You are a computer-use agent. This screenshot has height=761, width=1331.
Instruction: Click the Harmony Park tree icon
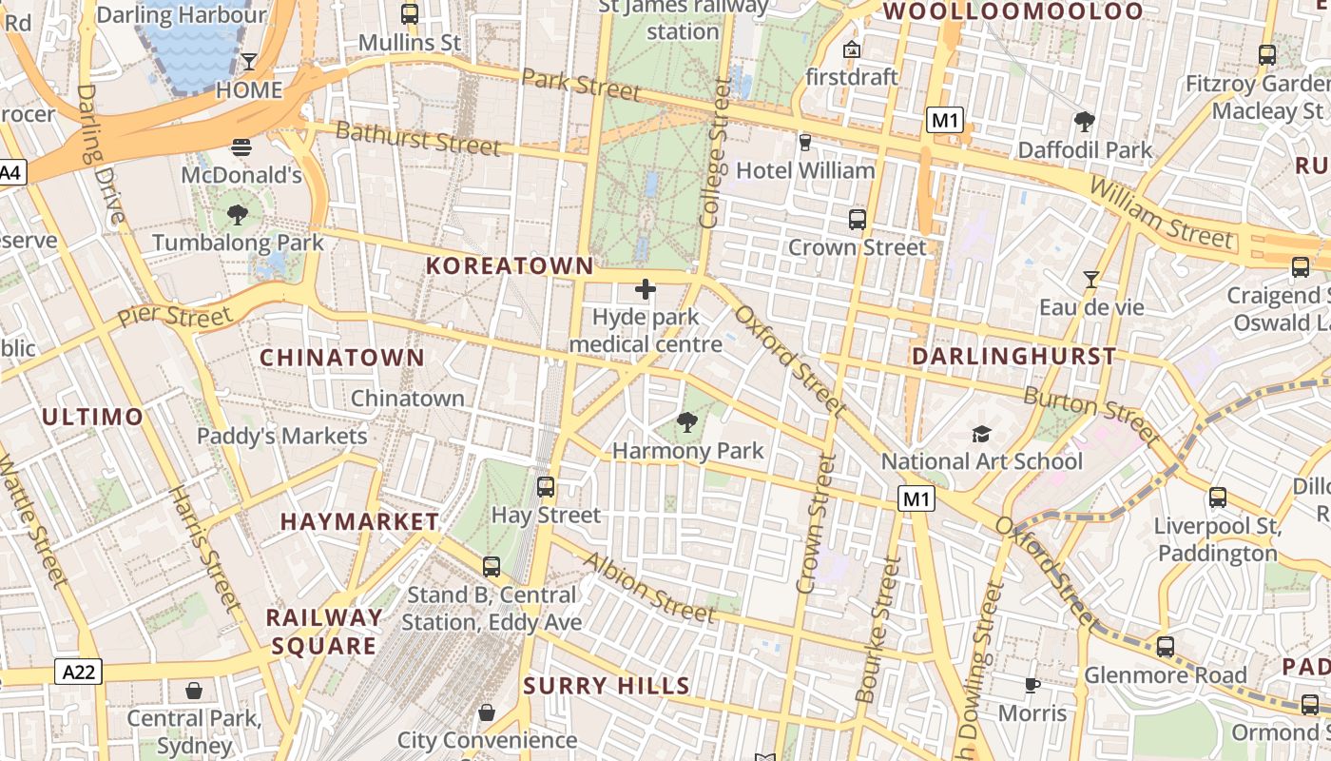686,421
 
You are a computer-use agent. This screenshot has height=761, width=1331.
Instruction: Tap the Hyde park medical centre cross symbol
646,289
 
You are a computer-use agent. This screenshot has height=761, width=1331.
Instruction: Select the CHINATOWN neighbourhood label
342,358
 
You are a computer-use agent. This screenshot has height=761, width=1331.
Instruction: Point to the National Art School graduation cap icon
981,435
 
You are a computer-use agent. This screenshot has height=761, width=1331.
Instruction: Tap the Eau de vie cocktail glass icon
1091,280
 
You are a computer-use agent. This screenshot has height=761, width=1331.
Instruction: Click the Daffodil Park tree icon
1084,121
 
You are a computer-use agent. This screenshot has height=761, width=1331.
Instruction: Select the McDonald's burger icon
241,147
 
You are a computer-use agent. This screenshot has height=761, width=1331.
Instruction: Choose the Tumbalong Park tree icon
238,215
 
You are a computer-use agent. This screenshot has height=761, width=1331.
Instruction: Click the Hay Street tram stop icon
546,487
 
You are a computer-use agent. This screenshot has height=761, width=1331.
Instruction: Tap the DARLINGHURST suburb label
1013,357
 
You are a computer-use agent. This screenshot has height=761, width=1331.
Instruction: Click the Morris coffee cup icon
1032,685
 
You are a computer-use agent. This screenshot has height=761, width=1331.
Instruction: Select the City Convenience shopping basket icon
487,712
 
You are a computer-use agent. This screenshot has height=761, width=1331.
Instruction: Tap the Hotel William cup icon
805,143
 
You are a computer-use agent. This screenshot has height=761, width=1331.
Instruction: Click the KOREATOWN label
510,266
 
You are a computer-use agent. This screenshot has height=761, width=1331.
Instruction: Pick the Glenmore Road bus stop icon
1166,647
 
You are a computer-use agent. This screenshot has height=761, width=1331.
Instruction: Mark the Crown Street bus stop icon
858,220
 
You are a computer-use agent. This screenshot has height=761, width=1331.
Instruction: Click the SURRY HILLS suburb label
607,686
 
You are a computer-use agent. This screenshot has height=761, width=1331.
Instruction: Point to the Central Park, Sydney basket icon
194,691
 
